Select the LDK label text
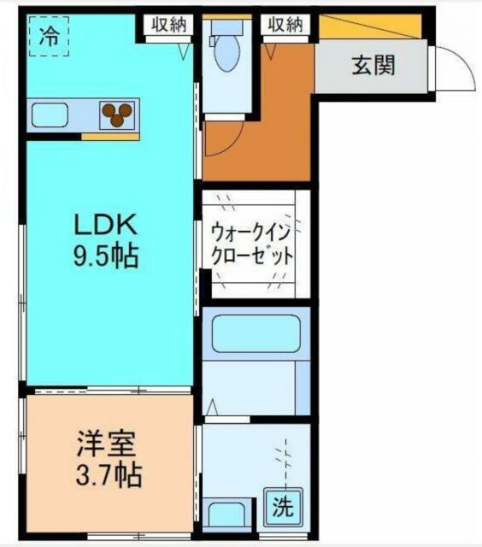[x=104, y=226]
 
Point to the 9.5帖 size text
[x=104, y=256]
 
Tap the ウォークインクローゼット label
[x=253, y=244]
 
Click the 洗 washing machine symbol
[x=281, y=508]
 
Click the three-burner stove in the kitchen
[x=119, y=113]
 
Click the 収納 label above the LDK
[x=168, y=25]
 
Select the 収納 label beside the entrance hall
[x=285, y=25]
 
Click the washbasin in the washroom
[x=226, y=516]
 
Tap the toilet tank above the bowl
[x=228, y=26]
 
